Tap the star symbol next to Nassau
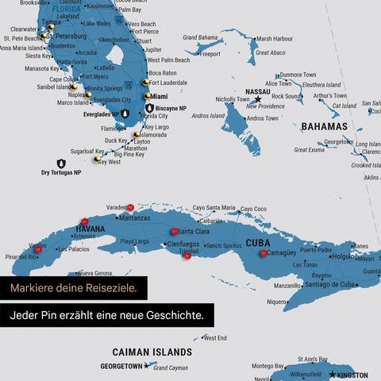point(257,100)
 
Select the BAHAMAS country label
point(324,126)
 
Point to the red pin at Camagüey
point(264,254)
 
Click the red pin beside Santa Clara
point(174,232)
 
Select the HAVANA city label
point(90,229)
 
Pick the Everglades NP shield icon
point(125,114)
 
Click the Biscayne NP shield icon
point(149,108)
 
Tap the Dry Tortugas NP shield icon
point(61,164)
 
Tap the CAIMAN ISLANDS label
point(152,352)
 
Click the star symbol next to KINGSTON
point(332,375)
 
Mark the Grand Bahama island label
point(200,37)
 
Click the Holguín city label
point(342,256)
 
